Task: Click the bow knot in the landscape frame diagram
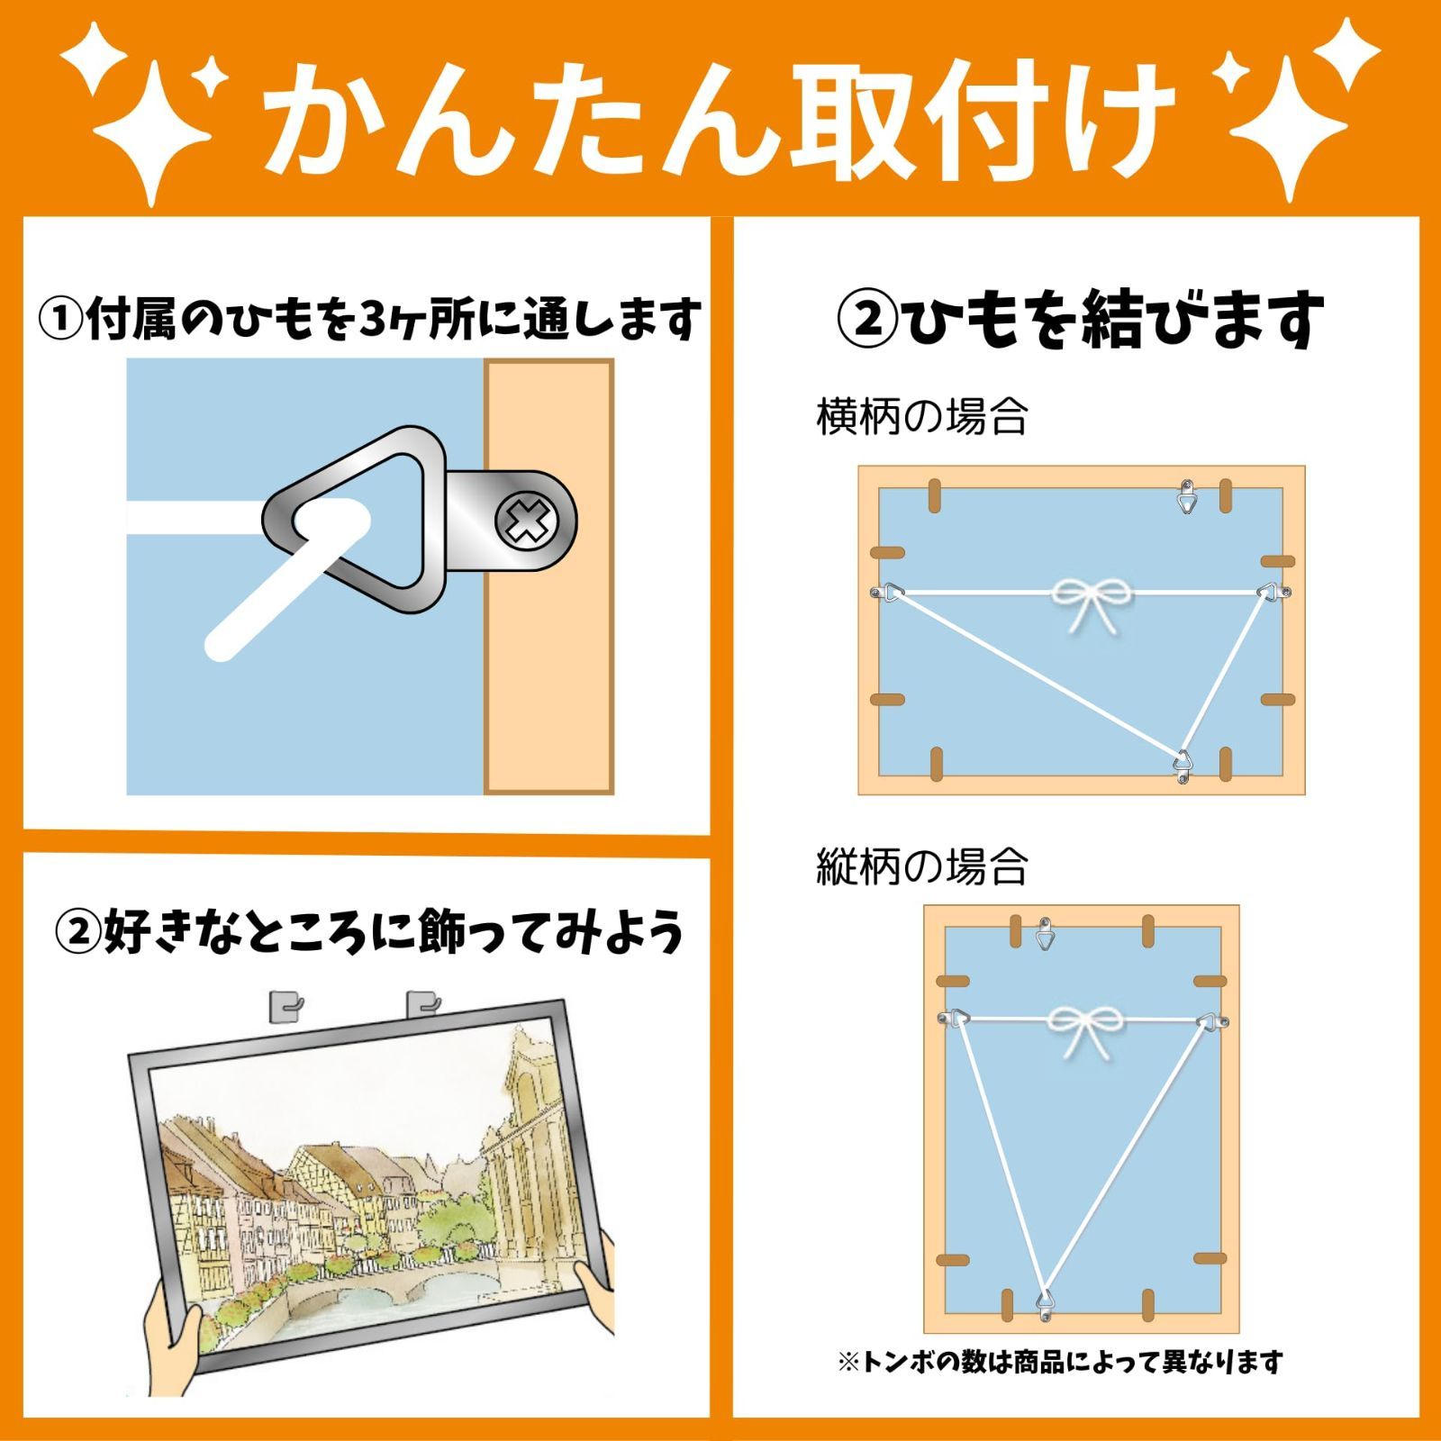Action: pos(1082,605)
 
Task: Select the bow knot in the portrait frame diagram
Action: pos(1081,1030)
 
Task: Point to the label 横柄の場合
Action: pos(921,418)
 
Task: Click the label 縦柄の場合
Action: pos(921,866)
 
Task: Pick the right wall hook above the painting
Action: pos(422,1004)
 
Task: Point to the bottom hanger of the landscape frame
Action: pos(1183,765)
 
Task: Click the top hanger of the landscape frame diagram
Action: pos(1188,496)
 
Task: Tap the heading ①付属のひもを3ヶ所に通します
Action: pos(369,319)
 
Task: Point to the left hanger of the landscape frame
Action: pos(888,593)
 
